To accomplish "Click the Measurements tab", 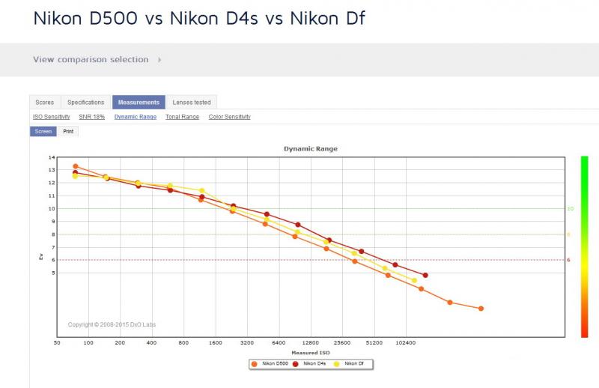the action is pos(139,102).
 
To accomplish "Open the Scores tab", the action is pos(45,102).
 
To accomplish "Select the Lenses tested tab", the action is pos(192,102).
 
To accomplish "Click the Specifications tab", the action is pos(85,102).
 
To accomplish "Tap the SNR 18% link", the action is pos(91,117).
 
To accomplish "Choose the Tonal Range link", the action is pos(182,117).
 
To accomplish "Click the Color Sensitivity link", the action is pos(230,117).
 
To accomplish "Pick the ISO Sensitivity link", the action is pos(51,117).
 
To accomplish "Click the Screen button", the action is pos(43,131).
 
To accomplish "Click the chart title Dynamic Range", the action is pos(311,149).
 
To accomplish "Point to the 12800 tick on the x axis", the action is pos(310,343).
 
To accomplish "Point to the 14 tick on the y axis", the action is pos(52,157).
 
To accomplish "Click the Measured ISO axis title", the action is pos(311,353).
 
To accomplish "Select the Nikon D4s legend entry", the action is pos(310,364).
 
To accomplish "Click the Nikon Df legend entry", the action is pos(350,364).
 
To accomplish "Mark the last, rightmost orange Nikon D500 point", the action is pos(481,309).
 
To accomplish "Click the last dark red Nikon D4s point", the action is pos(425,275).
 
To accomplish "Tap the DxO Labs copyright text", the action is pos(112,324).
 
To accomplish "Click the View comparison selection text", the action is pos(91,60).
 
